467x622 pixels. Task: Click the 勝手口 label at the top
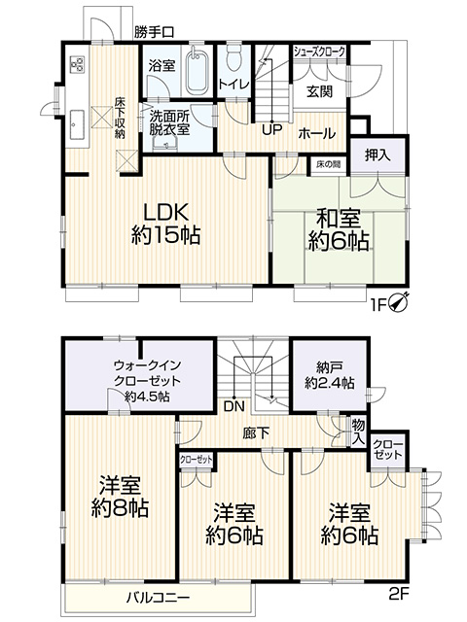pos(154,32)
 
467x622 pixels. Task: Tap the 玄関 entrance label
pos(320,92)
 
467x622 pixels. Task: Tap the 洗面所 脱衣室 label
pos(169,124)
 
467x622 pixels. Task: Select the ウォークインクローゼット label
pos(135,381)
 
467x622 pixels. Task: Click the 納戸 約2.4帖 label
pos(331,375)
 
